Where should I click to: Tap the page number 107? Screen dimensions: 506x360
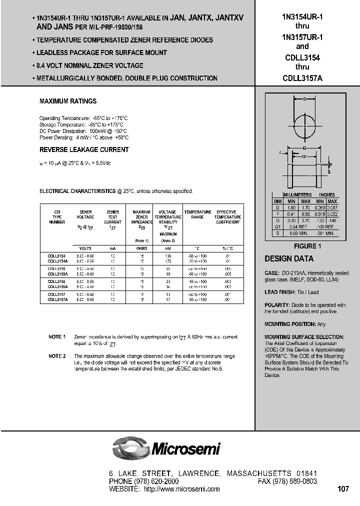click(x=343, y=489)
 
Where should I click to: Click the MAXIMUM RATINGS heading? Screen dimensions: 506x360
click(x=68, y=101)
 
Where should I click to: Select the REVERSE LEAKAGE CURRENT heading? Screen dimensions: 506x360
click(x=84, y=150)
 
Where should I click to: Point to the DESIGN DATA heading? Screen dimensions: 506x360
click(x=289, y=259)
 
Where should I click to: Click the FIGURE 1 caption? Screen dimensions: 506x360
click(x=305, y=246)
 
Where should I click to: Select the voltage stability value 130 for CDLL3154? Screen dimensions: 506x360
click(x=168, y=256)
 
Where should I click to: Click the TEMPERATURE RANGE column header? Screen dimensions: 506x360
click(x=198, y=214)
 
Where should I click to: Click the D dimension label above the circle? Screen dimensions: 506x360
click(x=304, y=99)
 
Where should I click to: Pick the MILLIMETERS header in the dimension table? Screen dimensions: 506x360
click(x=297, y=194)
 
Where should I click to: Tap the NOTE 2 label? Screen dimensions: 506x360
click(x=57, y=356)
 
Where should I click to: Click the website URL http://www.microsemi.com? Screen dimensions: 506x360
click(x=182, y=489)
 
